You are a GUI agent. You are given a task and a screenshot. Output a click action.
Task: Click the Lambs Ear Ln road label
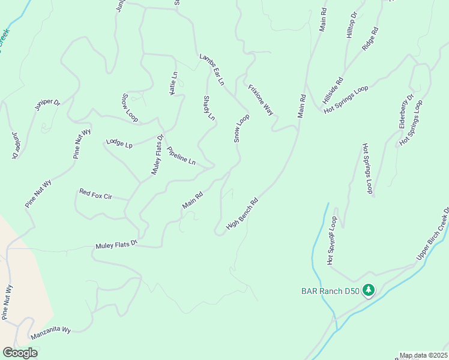[x=212, y=69]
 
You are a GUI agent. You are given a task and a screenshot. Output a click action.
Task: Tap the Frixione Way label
[x=261, y=100]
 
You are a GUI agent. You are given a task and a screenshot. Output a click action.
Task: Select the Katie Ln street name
[x=173, y=83]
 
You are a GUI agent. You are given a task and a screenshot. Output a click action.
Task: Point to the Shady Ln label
[x=208, y=108]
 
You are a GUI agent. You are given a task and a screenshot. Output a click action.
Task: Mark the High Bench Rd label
[x=242, y=214]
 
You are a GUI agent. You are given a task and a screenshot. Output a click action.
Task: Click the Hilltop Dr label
[x=352, y=25]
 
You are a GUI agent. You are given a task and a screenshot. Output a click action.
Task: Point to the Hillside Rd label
[x=331, y=89]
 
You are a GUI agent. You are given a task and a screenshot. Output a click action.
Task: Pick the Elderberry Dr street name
[x=406, y=111]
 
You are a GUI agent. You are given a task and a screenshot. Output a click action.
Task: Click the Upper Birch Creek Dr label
[x=433, y=234]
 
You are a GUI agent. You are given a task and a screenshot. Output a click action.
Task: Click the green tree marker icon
[x=369, y=291]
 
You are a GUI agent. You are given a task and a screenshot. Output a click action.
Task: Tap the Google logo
[x=20, y=353]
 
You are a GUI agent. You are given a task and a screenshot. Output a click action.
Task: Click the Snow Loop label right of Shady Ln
[x=241, y=128]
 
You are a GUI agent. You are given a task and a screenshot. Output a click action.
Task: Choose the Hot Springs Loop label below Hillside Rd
[x=346, y=101]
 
